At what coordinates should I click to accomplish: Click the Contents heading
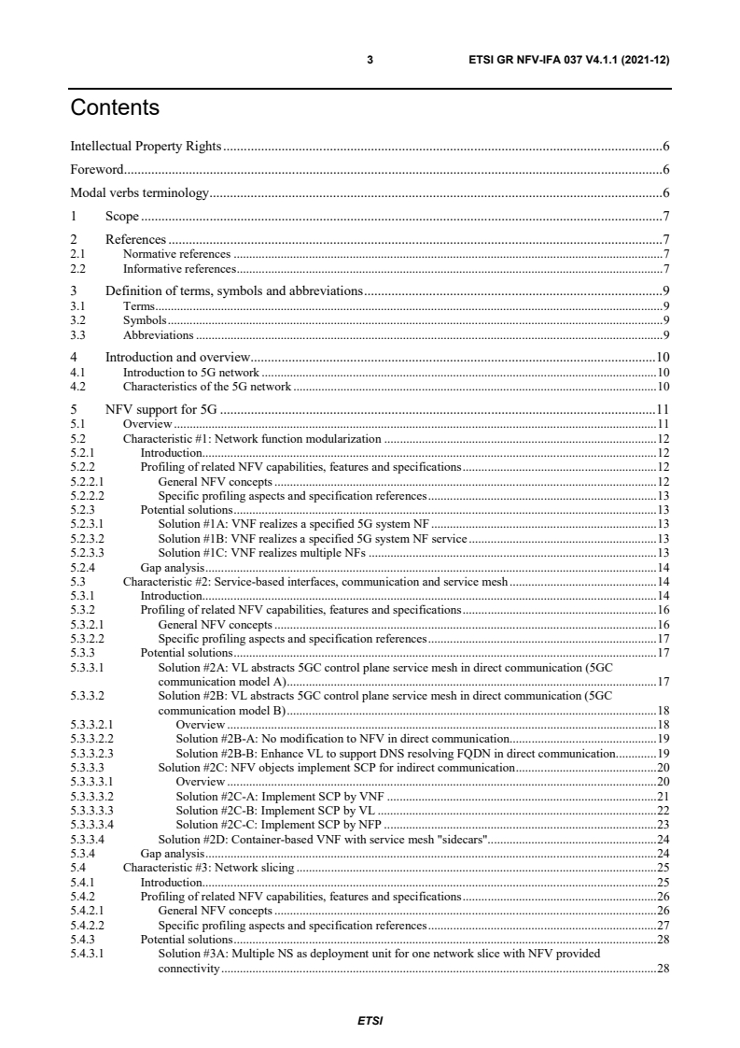pyautogui.click(x=115, y=108)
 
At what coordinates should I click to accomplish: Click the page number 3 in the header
pyautogui.click(x=370, y=60)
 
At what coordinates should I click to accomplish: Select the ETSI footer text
pyautogui.click(x=370, y=1021)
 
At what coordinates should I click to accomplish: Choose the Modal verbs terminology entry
pyautogui.click(x=139, y=193)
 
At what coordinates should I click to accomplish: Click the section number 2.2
pyautogui.click(x=78, y=269)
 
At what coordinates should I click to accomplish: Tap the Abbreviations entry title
pyautogui.click(x=159, y=334)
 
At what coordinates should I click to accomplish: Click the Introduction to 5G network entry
pyautogui.click(x=192, y=372)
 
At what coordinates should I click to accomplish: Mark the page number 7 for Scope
pyautogui.click(x=666, y=217)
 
